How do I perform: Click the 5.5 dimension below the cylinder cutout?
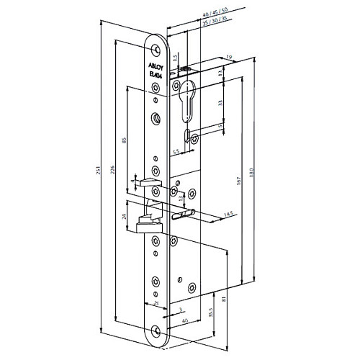[x=176, y=152]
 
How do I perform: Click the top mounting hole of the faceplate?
[x=154, y=48]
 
